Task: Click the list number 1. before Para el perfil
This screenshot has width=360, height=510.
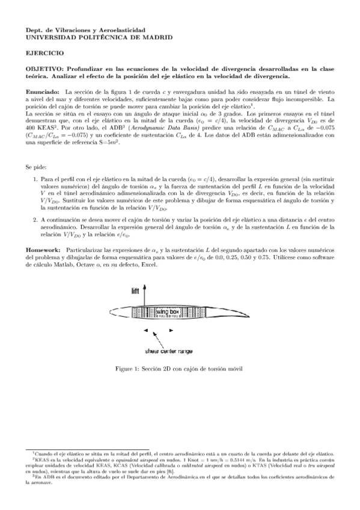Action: (x=35, y=179)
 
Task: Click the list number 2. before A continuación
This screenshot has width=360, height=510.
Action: (x=35, y=220)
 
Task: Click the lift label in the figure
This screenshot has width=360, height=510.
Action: (x=135, y=290)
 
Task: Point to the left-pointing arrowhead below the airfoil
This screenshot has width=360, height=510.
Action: (x=145, y=331)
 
